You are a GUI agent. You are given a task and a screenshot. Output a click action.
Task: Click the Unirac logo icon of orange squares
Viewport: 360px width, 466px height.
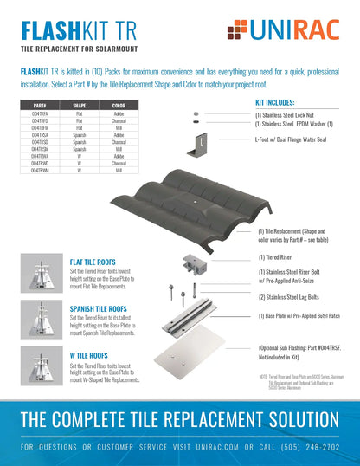coord(235,31)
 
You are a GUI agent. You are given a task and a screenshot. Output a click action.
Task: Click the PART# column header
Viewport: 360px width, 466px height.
coord(39,106)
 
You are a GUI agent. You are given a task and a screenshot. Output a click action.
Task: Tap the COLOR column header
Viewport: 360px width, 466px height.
coord(119,106)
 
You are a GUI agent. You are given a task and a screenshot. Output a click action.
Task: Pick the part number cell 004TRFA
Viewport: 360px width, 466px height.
coord(39,112)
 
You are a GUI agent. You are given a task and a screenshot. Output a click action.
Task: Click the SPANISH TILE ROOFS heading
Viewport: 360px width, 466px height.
coord(102,307)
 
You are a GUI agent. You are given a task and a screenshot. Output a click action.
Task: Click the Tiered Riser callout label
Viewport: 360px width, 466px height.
coord(274,257)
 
